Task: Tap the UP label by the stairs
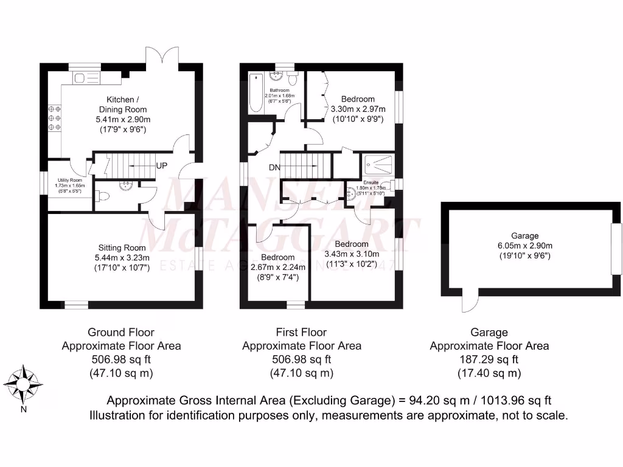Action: (162, 165)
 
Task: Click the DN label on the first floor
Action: (274, 167)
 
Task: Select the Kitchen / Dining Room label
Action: (123, 104)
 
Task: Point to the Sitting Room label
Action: (122, 247)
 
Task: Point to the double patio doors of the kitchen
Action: (161, 56)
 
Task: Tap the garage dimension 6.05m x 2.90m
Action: (525, 246)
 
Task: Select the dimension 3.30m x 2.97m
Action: (358, 109)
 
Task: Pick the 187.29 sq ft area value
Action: (489, 359)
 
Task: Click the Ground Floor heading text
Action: (121, 332)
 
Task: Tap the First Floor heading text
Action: (302, 332)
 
